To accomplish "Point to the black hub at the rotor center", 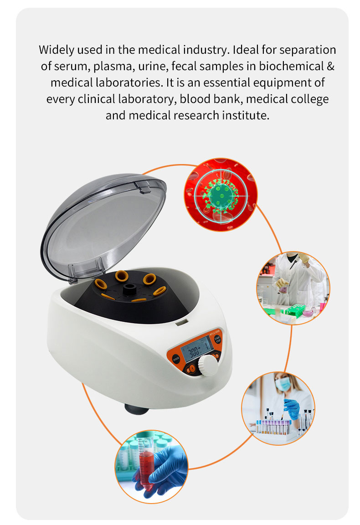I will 131,288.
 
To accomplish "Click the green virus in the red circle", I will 220,195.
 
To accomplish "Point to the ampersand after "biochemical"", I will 331,66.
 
